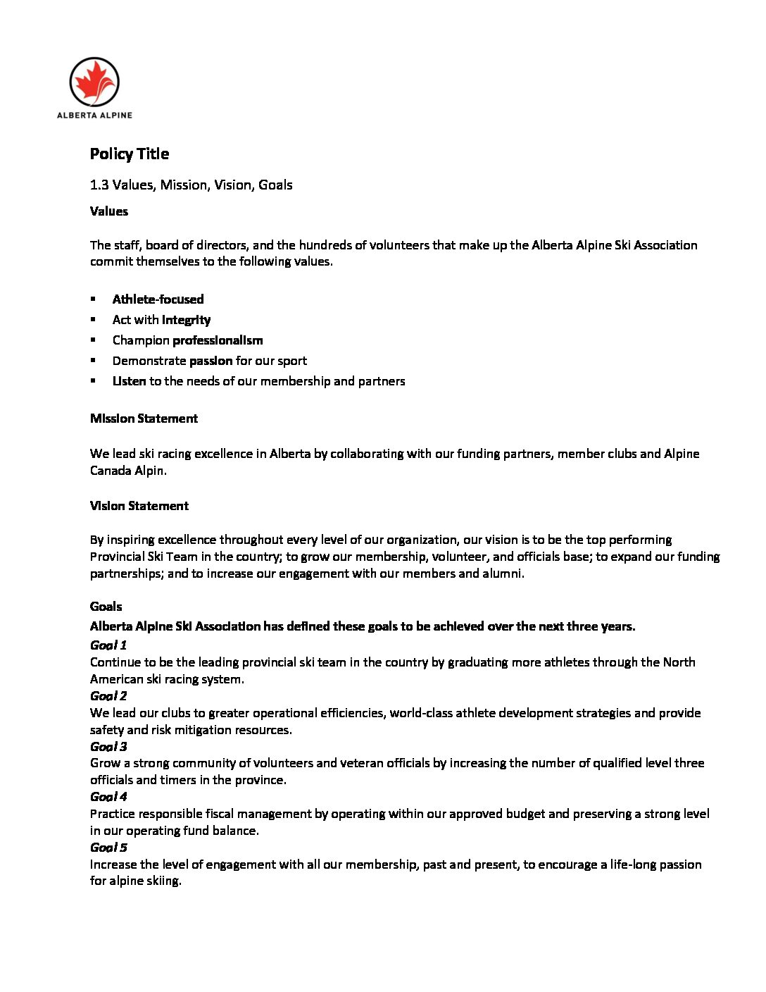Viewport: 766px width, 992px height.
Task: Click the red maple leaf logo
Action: (94, 82)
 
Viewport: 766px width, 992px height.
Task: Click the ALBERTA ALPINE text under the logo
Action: (94, 115)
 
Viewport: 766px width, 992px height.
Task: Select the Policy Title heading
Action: (130, 154)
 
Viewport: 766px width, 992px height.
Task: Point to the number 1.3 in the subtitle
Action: (99, 185)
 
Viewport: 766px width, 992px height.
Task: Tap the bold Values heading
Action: (109, 211)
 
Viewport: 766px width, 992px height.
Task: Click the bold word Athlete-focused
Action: (158, 299)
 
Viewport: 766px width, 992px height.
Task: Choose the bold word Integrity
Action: (186, 319)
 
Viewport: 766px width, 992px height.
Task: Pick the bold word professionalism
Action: (218, 340)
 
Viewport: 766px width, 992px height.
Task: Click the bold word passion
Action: (211, 360)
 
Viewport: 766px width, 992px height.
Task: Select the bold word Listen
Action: (129, 380)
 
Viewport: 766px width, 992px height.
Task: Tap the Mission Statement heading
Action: (144, 418)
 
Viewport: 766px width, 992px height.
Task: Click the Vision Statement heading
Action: (139, 505)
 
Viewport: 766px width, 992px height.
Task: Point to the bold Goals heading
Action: (106, 606)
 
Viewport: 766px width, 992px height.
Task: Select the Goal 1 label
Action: (108, 645)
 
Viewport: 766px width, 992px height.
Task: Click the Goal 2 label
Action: (108, 695)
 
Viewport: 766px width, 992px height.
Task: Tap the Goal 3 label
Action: (108, 746)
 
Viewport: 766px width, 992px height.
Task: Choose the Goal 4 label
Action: (108, 796)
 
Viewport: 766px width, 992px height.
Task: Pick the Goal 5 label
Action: (108, 847)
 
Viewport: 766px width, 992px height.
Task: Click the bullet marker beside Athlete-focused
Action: (93, 299)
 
